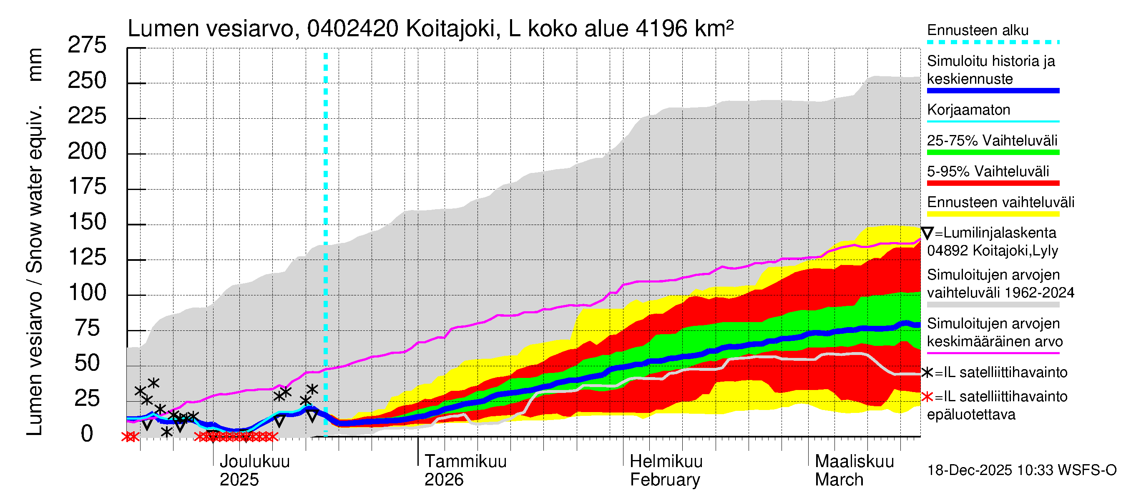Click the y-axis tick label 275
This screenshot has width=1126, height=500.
[x=87, y=45]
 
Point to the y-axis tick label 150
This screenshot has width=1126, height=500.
[x=88, y=222]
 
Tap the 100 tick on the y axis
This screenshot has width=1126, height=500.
[x=88, y=292]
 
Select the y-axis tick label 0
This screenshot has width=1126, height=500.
[x=87, y=434]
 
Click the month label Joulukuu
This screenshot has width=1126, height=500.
[x=254, y=462]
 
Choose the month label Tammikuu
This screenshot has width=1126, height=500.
[x=465, y=462]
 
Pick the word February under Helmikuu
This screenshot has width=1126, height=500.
[x=665, y=480]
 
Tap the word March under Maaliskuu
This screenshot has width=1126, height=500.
[x=839, y=480]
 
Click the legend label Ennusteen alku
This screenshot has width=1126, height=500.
[x=978, y=30]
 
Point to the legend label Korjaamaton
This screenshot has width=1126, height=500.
[x=969, y=110]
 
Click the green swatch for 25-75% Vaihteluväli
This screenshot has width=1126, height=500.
[x=993, y=152]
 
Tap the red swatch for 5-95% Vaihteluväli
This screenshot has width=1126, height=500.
[x=993, y=183]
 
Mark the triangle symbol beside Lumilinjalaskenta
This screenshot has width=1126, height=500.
[x=927, y=233]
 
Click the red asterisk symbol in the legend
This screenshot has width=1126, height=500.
[x=927, y=397]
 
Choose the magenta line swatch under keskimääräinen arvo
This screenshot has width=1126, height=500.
[x=993, y=353]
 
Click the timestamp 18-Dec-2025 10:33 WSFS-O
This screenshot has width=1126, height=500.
[x=1021, y=470]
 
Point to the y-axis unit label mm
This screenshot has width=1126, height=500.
[x=35, y=65]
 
